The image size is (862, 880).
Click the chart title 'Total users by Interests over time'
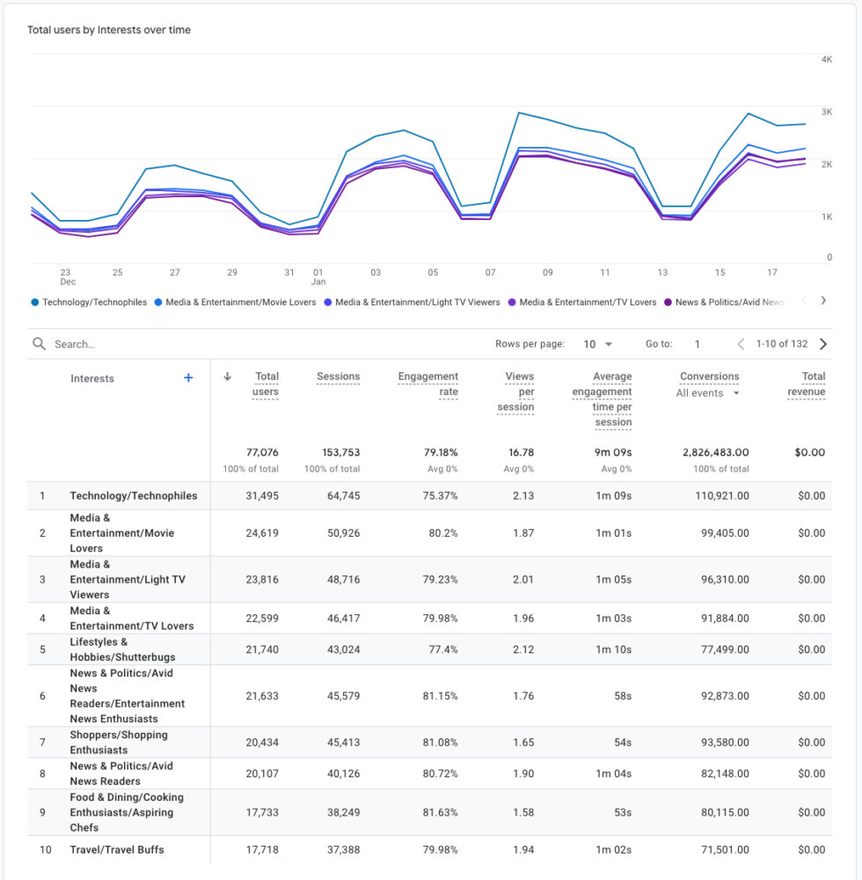point(109,30)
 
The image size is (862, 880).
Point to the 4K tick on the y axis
point(826,59)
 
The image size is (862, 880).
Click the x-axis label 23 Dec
point(66,277)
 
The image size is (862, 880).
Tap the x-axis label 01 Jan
point(318,277)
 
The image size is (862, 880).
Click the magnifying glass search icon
point(39,344)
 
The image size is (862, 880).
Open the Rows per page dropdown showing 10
point(598,344)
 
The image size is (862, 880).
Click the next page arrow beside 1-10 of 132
point(823,344)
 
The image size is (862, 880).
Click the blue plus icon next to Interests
point(187,378)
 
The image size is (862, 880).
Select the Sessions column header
point(338,377)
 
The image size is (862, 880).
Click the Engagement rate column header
point(428,384)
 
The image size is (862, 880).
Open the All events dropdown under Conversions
point(708,393)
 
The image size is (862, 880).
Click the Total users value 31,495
point(262,495)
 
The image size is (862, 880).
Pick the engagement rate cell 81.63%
point(440,812)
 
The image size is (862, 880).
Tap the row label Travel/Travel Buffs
point(117,849)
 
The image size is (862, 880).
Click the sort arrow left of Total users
point(227,377)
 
